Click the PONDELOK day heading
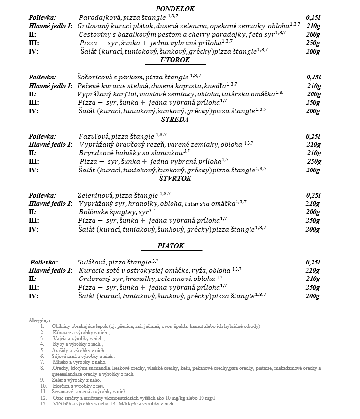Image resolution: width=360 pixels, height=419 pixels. click(175, 9)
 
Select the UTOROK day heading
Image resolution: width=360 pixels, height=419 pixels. click(175, 60)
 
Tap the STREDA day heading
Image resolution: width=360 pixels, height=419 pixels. click(175, 119)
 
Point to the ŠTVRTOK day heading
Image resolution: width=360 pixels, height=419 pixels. click(175, 179)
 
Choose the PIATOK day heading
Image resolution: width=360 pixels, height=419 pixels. click(171, 246)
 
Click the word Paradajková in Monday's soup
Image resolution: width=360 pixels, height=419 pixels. click(96, 17)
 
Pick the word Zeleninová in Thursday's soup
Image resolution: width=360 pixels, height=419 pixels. click(95, 196)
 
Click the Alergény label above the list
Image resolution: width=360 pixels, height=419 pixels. click(39, 320)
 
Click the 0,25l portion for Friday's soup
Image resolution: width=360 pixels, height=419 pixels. click(313, 262)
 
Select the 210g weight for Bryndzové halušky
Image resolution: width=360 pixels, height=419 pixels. click(314, 153)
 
